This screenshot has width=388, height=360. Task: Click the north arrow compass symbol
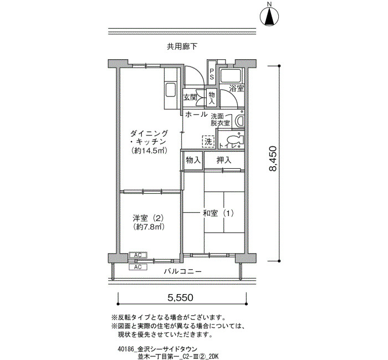click(x=269, y=17)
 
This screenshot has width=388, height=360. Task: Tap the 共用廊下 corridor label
click(x=182, y=47)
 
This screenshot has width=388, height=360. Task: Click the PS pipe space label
click(x=212, y=74)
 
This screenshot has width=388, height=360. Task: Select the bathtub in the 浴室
click(x=231, y=76)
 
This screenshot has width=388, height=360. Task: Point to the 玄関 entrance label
click(x=190, y=97)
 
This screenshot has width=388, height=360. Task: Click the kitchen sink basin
click(x=171, y=90)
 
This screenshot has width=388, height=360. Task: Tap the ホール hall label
click(x=196, y=114)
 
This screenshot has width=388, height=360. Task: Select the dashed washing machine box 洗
click(x=208, y=142)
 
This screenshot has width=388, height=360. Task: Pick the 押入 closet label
click(x=224, y=161)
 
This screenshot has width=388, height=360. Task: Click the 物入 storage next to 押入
click(x=193, y=160)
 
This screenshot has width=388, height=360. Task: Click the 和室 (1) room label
click(x=218, y=213)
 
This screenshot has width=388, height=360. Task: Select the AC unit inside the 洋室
click(x=138, y=255)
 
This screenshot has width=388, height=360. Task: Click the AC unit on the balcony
click(x=138, y=267)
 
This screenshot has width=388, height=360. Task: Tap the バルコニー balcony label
click(x=182, y=271)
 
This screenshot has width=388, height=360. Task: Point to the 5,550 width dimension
click(x=180, y=297)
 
